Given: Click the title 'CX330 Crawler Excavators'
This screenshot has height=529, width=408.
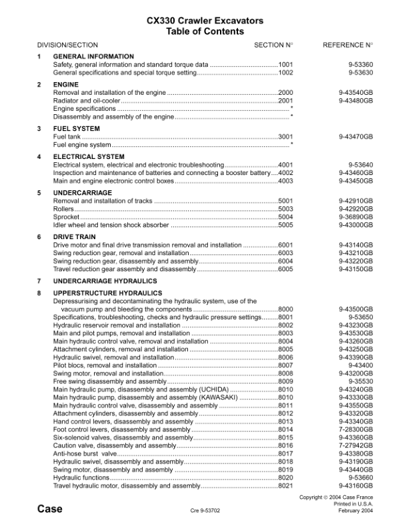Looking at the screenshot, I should tap(205, 21).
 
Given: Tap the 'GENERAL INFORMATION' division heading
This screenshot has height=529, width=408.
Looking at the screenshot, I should tap(93, 57).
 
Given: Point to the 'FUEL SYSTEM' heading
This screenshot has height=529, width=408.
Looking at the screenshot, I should tap(77, 129).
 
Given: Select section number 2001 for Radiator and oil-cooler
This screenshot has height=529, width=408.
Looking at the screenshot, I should tap(285, 100).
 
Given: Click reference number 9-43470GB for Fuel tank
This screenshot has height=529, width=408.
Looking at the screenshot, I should tap(355, 136).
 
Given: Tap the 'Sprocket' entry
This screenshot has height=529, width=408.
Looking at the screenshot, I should tap(65, 216).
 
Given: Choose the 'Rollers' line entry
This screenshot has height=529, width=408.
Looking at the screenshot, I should tap(63, 208).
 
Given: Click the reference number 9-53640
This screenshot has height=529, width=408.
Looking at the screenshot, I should tap(361, 164).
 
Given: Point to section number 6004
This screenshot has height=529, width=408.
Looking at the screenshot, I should tap(285, 261).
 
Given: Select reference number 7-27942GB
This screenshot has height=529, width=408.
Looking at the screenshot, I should tap(355, 445).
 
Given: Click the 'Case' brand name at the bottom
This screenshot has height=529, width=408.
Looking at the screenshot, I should tap(50, 509).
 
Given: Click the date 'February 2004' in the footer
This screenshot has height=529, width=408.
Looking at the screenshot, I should tap(353, 510).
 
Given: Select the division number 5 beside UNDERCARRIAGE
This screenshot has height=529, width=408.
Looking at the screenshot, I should tap(39, 193).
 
